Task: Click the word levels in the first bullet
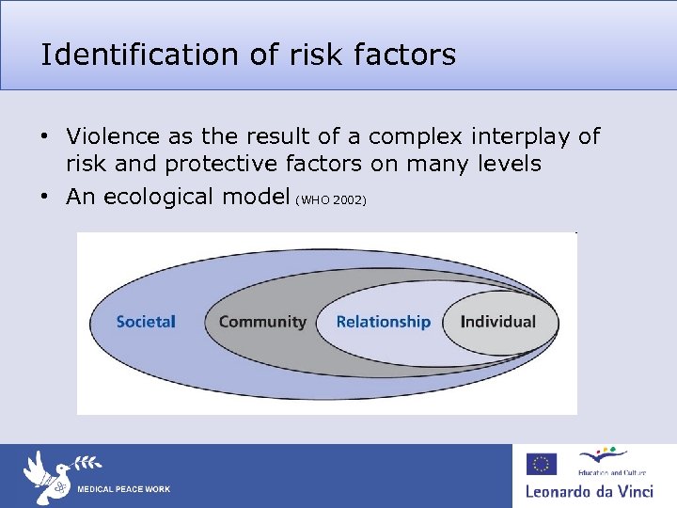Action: click(x=508, y=165)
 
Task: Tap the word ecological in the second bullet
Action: click(x=175, y=197)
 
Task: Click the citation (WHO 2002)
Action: click(x=331, y=200)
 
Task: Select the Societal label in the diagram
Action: click(x=146, y=322)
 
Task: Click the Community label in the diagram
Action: click(x=262, y=322)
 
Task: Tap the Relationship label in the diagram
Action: click(x=383, y=322)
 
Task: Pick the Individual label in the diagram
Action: click(x=497, y=322)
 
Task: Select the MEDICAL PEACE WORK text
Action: click(x=123, y=489)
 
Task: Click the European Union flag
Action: click(x=542, y=464)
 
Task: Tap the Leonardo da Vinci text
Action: click(x=589, y=491)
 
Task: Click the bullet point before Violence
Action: click(x=44, y=137)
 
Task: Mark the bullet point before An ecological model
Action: click(x=44, y=198)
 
